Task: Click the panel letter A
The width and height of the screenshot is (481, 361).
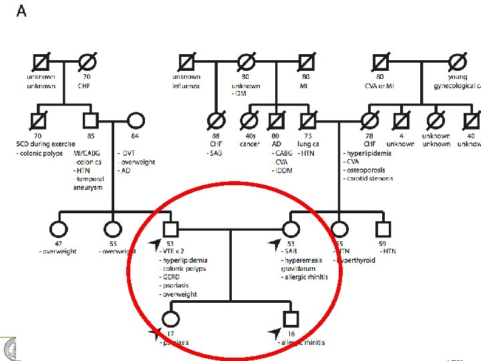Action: pyautogui.click(x=21, y=12)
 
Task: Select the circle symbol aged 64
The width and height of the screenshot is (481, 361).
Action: pyautogui.click(x=136, y=121)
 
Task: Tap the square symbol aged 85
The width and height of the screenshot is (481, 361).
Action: pyautogui.click(x=90, y=121)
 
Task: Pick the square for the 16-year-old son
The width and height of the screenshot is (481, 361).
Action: pyautogui.click(x=290, y=319)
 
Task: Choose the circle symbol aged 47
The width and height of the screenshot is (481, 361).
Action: pyautogui.click(x=57, y=229)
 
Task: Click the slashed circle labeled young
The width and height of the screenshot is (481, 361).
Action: pyautogui.click(x=458, y=62)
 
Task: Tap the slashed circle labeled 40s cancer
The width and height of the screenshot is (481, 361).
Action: pyautogui.click(x=249, y=121)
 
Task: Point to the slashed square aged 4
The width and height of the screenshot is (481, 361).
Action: pyautogui.click(x=400, y=121)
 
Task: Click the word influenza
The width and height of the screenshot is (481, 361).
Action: pyautogui.click(x=186, y=86)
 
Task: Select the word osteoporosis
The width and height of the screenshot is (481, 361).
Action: pyautogui.click(x=367, y=170)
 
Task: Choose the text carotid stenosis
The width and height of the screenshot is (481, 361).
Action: pyautogui.click(x=369, y=178)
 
